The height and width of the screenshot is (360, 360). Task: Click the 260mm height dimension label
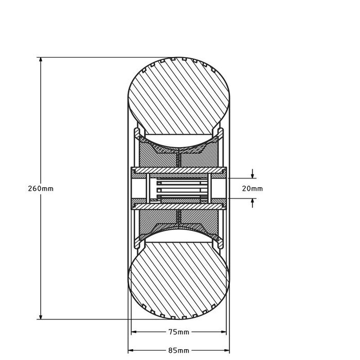click(x=40, y=189)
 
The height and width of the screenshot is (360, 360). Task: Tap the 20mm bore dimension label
click(x=252, y=189)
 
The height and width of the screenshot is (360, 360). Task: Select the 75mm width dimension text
click(x=178, y=332)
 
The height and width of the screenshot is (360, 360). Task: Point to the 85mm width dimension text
click(x=178, y=350)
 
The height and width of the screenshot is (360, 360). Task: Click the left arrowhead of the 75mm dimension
click(x=135, y=332)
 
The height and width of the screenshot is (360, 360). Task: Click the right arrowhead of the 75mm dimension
click(x=222, y=332)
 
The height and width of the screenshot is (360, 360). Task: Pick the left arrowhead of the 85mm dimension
click(x=130, y=350)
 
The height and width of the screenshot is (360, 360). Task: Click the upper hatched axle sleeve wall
click(x=177, y=171)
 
